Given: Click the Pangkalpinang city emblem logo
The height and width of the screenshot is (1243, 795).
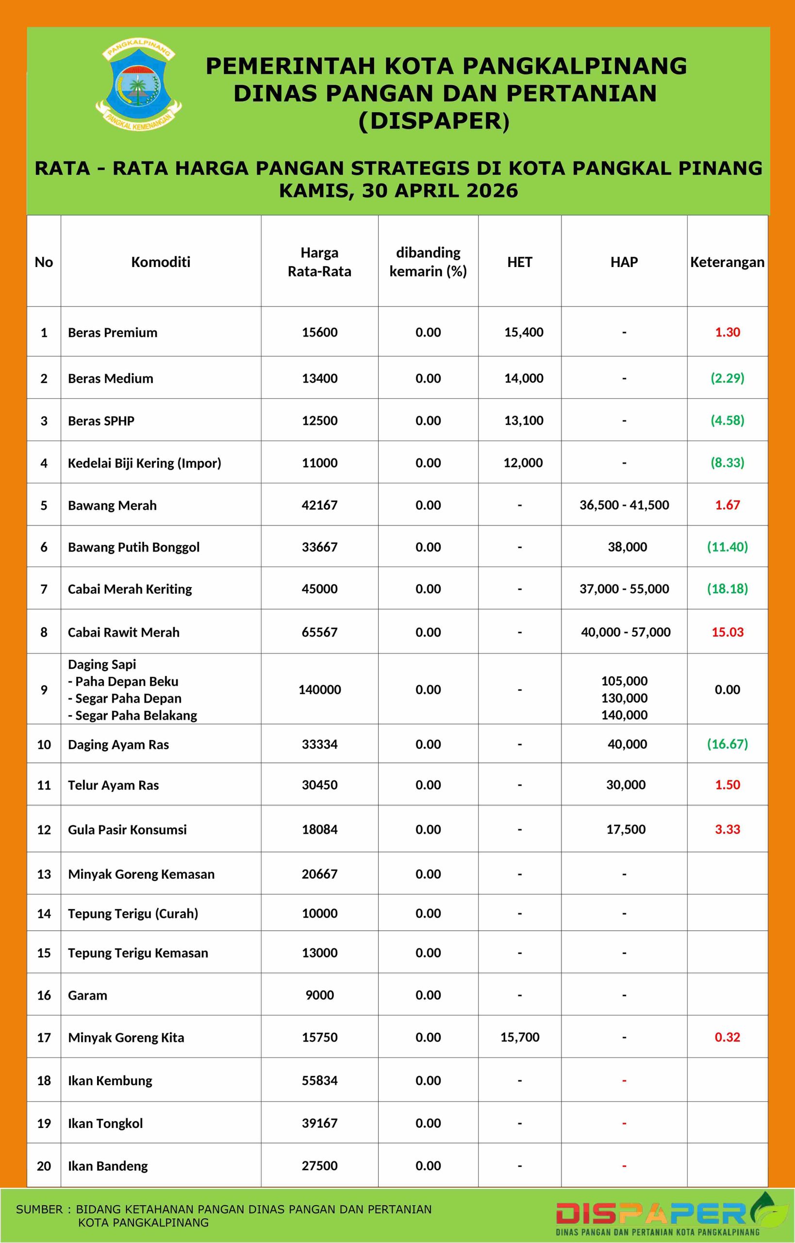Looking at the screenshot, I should tap(138, 85).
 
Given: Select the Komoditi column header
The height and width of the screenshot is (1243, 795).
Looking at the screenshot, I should tap(161, 262).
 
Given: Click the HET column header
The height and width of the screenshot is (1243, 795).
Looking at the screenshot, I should tap(519, 262).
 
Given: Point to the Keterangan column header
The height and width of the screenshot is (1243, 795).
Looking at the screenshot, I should tap(727, 262).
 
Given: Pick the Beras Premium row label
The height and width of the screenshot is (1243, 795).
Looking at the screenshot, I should tap(113, 332).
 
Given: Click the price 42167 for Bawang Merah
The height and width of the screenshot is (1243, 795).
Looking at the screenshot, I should tap(319, 504).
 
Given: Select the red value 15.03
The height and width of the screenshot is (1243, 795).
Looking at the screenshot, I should tap(728, 632).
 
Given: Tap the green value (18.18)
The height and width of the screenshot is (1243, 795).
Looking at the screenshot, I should tap(728, 588).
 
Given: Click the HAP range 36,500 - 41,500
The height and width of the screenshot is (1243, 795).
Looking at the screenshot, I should tap(624, 504).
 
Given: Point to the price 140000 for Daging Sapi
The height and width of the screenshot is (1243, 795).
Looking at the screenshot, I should tap(319, 689).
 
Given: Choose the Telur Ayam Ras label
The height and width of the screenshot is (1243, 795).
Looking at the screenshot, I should tap(113, 785).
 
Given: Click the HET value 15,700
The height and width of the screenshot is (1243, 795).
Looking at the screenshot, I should tap(520, 1037).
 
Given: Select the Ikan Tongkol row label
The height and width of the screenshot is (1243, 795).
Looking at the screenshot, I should tap(105, 1123).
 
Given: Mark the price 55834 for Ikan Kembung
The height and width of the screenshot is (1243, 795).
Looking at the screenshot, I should tap(319, 1080).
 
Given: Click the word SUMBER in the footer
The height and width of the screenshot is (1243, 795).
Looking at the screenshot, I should tap(39, 1209).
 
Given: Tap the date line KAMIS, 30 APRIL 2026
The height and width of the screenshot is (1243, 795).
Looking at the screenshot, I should tap(398, 190).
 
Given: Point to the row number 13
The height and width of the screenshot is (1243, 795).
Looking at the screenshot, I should tap(44, 874).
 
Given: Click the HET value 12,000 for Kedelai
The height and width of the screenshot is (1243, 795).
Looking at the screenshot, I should tap(523, 462).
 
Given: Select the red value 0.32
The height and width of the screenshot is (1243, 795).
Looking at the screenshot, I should tap(728, 1037).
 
